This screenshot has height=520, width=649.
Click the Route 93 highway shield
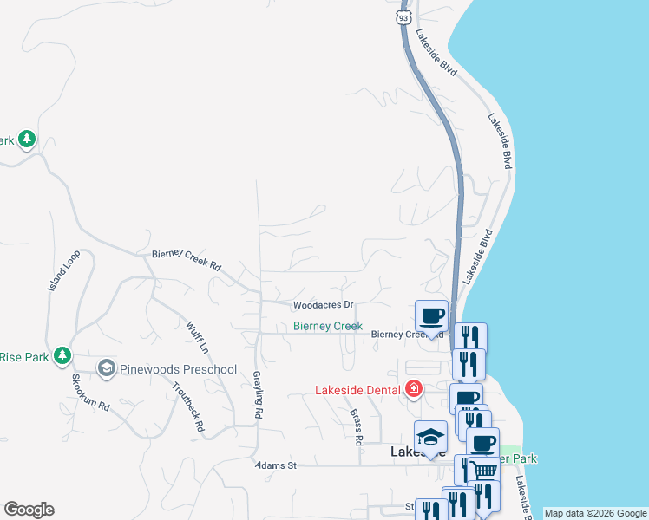click(x=403, y=16)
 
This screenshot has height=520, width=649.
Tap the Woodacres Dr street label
click(x=324, y=305)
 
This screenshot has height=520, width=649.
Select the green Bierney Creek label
click(x=327, y=326)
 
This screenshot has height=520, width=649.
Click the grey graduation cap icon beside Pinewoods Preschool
click(x=106, y=369)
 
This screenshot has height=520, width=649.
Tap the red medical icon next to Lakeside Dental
click(x=414, y=387)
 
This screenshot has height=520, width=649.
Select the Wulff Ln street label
click(x=198, y=338)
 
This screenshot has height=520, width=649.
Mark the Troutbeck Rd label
click(x=187, y=407)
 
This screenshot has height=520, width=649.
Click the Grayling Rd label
click(x=258, y=397)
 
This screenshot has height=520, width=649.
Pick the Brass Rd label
click(x=357, y=427)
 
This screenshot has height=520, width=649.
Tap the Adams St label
click(x=276, y=465)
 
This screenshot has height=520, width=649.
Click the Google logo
click(x=29, y=510)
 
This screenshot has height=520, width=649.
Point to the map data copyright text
click(x=595, y=513)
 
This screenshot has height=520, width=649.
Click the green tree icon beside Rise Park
click(x=62, y=355)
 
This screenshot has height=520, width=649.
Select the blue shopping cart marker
click(x=485, y=470)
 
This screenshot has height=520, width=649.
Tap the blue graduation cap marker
click(x=429, y=436)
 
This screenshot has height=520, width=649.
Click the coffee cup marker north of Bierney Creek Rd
click(x=431, y=315)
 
